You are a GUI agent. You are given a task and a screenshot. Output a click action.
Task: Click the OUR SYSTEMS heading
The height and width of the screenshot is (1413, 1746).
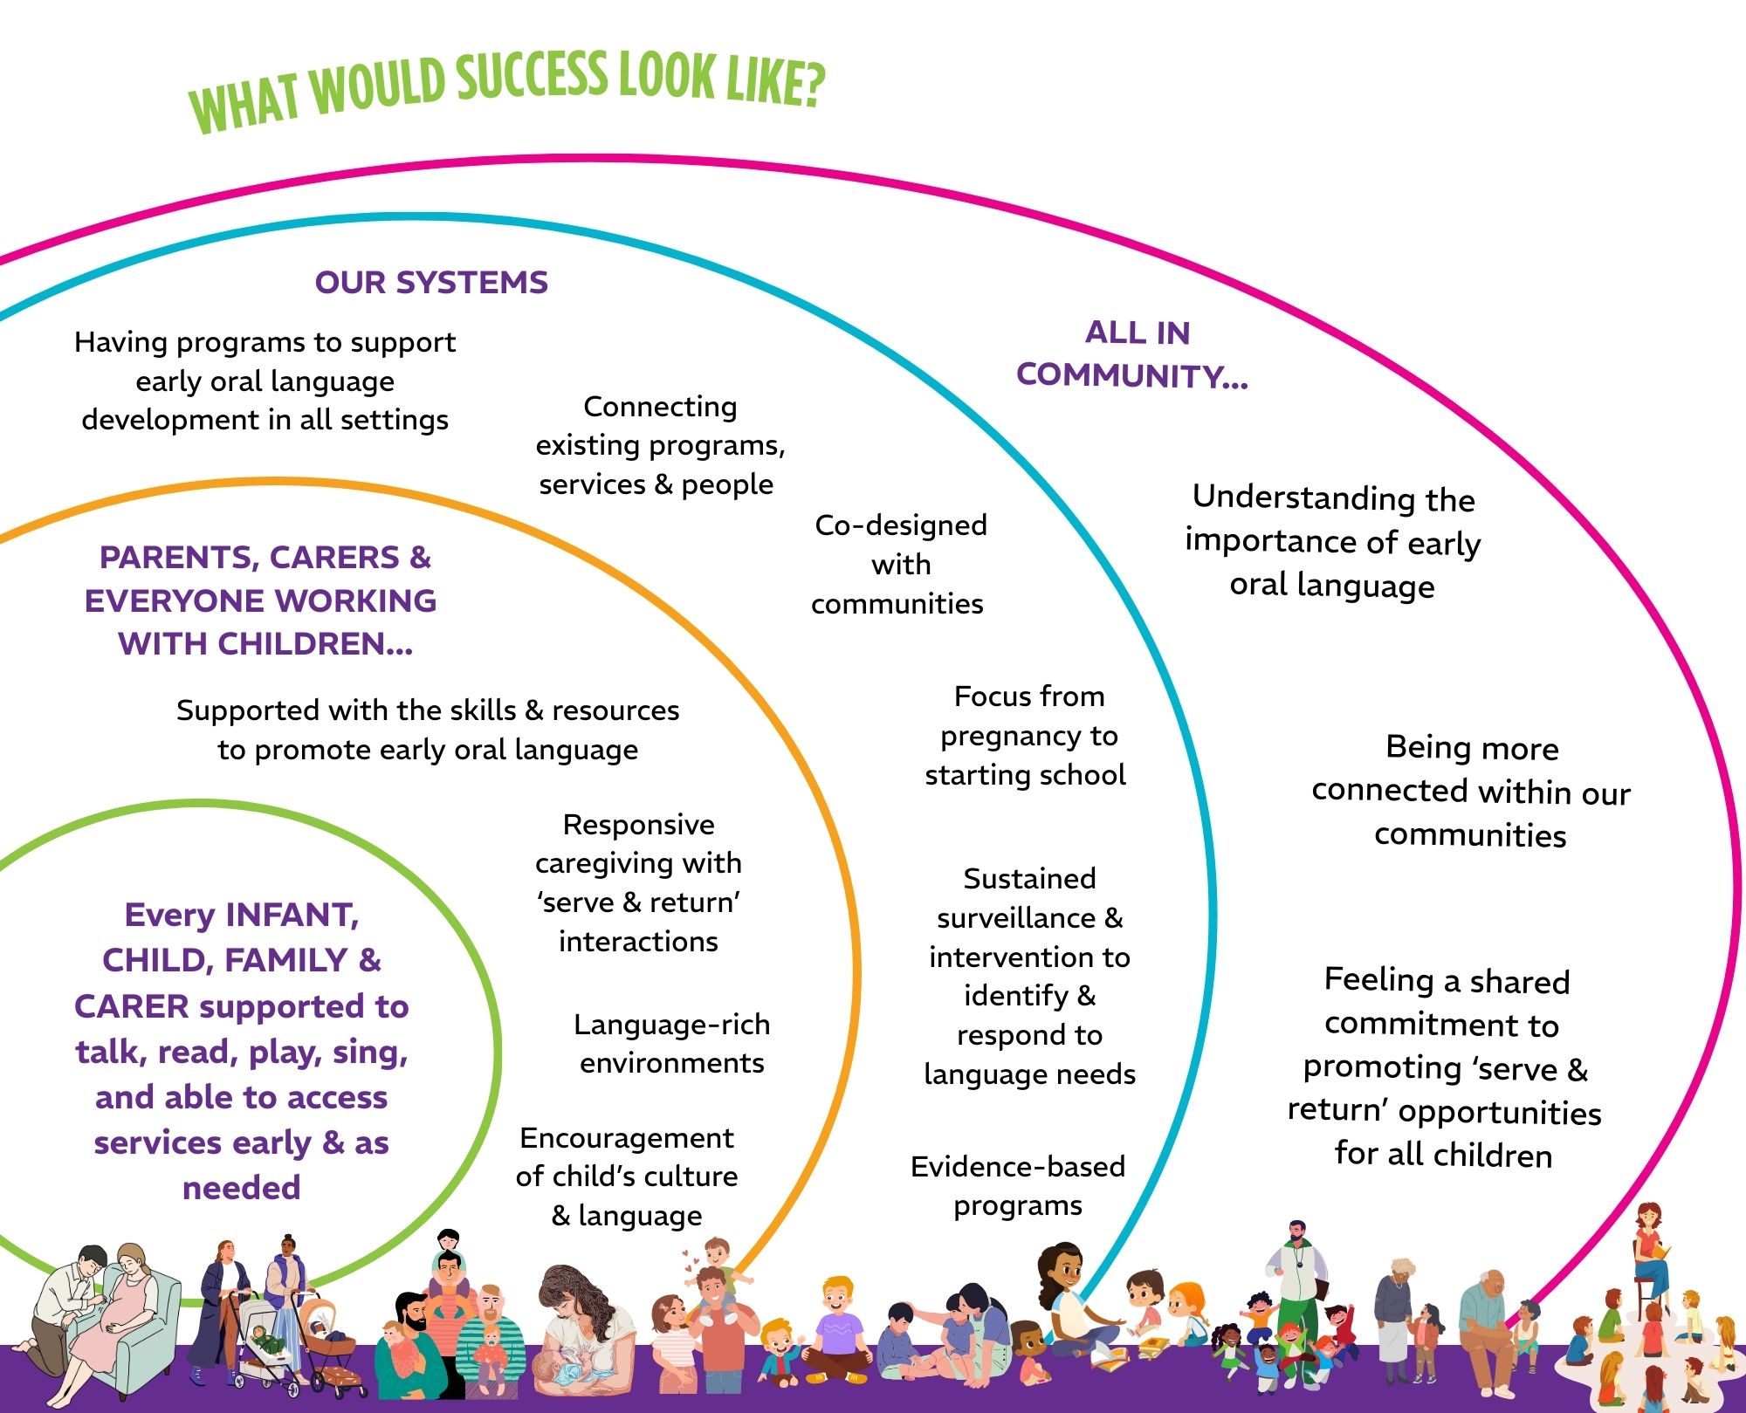(x=431, y=283)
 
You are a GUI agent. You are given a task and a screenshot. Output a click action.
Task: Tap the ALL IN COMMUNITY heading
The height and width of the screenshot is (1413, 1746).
(x=1133, y=354)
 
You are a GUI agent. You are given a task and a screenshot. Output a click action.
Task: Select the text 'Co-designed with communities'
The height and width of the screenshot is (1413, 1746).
(x=899, y=564)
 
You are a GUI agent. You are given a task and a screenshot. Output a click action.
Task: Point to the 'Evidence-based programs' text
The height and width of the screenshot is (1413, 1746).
(x=1018, y=1185)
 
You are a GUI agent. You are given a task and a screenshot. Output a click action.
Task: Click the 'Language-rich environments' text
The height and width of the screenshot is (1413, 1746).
(x=671, y=1043)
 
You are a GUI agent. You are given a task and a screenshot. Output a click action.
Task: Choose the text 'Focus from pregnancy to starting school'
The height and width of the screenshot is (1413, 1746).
(x=1027, y=735)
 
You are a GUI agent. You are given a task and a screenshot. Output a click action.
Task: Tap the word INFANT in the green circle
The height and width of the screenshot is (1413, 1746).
(x=292, y=915)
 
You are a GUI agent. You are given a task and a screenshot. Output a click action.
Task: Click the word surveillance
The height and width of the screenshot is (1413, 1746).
(x=1016, y=918)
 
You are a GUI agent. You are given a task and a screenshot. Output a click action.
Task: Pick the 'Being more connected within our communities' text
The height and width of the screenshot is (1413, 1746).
(x=1471, y=791)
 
